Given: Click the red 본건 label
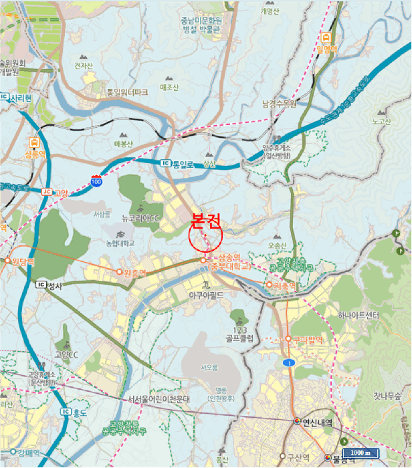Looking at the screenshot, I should tap(205, 220).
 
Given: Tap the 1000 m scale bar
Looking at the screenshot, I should tap(360, 453).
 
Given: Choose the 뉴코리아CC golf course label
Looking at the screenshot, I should tap(141, 218).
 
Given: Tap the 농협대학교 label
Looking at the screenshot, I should tap(120, 243).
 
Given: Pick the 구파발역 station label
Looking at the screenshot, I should tap(307, 339).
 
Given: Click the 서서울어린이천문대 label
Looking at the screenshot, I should tap(160, 398).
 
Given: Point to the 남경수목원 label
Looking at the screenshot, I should tap(279, 104).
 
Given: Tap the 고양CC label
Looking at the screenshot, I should tap(66, 354).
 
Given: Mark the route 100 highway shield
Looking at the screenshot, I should tap(96, 181).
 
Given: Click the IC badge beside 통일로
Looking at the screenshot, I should tap(165, 163).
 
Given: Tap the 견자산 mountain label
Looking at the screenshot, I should tap(83, 66).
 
